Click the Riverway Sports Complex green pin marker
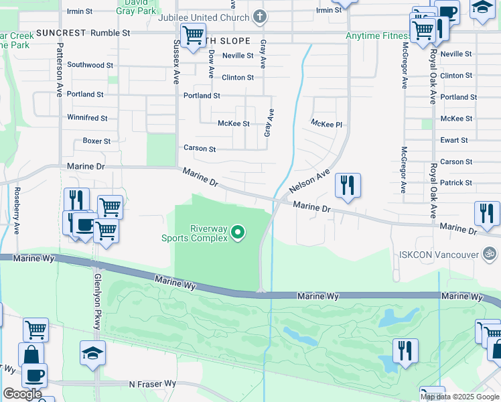point(238,233)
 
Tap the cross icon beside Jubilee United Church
point(260,16)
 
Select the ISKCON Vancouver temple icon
point(490,254)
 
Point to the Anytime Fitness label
point(378,36)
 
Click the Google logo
point(21,394)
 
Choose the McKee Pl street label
point(326,124)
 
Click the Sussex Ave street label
point(177,61)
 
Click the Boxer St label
point(96,141)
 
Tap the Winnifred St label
point(87,118)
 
